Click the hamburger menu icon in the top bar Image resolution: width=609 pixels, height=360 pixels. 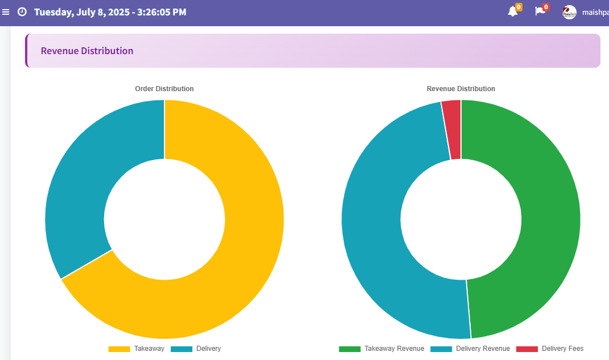[6, 12]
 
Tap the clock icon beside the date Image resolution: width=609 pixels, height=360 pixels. [22, 12]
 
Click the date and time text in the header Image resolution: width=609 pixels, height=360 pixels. [110, 12]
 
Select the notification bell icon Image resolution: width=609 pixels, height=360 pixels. [512, 12]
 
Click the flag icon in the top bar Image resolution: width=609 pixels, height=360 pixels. [540, 12]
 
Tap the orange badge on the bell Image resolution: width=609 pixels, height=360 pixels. [519, 7]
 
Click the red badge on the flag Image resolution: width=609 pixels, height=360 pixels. [546, 7]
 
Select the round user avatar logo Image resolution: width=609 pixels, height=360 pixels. [569, 12]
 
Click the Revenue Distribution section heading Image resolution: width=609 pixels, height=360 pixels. [87, 51]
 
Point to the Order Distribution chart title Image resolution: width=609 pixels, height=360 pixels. [164, 89]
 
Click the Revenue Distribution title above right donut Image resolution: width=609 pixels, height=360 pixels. [460, 89]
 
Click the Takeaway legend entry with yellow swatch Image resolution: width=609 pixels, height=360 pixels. [136, 349]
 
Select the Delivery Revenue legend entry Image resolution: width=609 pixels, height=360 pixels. [470, 349]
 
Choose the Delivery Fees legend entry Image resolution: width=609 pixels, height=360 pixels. [550, 349]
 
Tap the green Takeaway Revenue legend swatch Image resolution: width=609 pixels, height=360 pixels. [349, 349]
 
